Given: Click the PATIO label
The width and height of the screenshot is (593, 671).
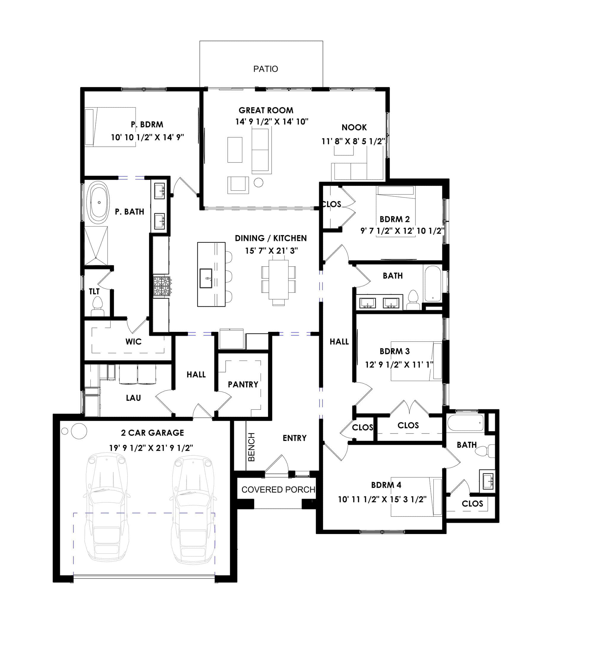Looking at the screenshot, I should coord(265,69).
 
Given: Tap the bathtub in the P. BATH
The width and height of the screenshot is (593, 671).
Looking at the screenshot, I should coord(99,202).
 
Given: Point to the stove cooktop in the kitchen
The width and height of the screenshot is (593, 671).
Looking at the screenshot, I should coord(162,286).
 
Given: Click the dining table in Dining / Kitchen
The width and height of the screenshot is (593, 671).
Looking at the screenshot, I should coord(278,279).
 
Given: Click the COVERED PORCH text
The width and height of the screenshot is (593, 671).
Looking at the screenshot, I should coord(278,490).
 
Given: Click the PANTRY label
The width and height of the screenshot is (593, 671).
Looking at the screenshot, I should coord(243,384).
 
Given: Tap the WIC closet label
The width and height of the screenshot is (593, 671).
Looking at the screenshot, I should coord(133,341).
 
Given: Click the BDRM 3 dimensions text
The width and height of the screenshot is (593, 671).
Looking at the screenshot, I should coord(399,364).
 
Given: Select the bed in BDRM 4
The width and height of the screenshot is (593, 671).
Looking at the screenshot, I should coord(416,497).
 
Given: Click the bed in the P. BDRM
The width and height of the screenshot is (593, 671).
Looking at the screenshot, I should coord(110,127).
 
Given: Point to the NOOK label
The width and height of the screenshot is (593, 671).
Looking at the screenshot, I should coord(354,127).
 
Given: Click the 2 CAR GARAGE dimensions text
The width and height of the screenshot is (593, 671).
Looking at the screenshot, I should coord(151,448).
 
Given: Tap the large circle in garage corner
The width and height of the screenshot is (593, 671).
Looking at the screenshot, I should coord(79,431).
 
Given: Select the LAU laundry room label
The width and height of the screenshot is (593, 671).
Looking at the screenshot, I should coord(133,398).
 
